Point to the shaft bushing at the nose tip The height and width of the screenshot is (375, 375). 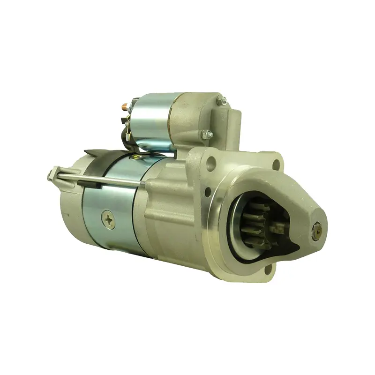click(x=319, y=229)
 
